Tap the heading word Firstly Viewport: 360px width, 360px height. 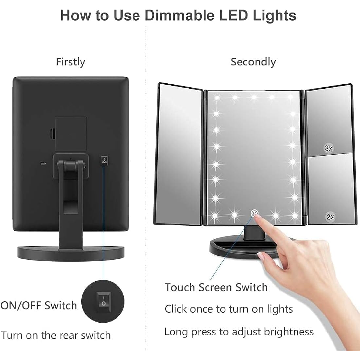[x=70, y=62]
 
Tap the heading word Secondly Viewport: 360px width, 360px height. [x=253, y=62]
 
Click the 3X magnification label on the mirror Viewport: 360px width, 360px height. [x=329, y=148]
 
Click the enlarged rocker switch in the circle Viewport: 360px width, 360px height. [x=103, y=301]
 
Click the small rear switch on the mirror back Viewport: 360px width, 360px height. [x=104, y=160]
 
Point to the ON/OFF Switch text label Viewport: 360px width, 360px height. [x=39, y=305]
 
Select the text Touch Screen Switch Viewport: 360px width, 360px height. [x=216, y=287]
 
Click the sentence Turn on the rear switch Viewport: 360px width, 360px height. [x=56, y=335]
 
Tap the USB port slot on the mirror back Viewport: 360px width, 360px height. [x=43, y=163]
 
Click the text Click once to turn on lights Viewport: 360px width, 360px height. [x=228, y=309]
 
